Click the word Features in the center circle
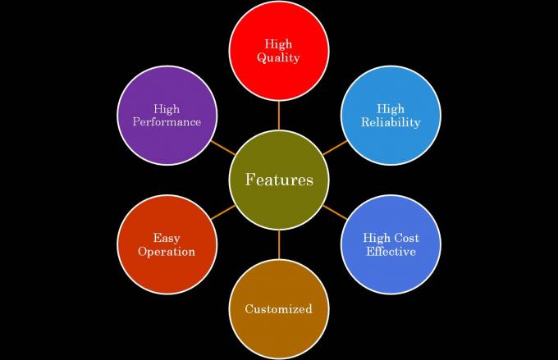click(279, 180)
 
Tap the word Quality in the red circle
click(278, 57)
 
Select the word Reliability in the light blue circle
click(391, 122)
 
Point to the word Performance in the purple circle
click(167, 122)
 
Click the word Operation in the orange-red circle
click(167, 252)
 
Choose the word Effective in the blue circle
click(391, 252)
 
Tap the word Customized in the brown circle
click(279, 309)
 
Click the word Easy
click(167, 238)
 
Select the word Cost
click(405, 238)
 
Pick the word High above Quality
click(278, 44)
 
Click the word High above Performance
click(167, 109)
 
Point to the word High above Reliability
click(391, 109)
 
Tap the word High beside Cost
click(376, 238)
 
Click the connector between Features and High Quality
click(279, 116)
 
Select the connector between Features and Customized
click(279, 244)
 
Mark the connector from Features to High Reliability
click(335, 148)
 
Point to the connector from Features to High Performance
click(223, 148)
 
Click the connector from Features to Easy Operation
click(223, 212)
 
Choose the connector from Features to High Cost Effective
click(335, 212)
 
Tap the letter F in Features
click(249, 180)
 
